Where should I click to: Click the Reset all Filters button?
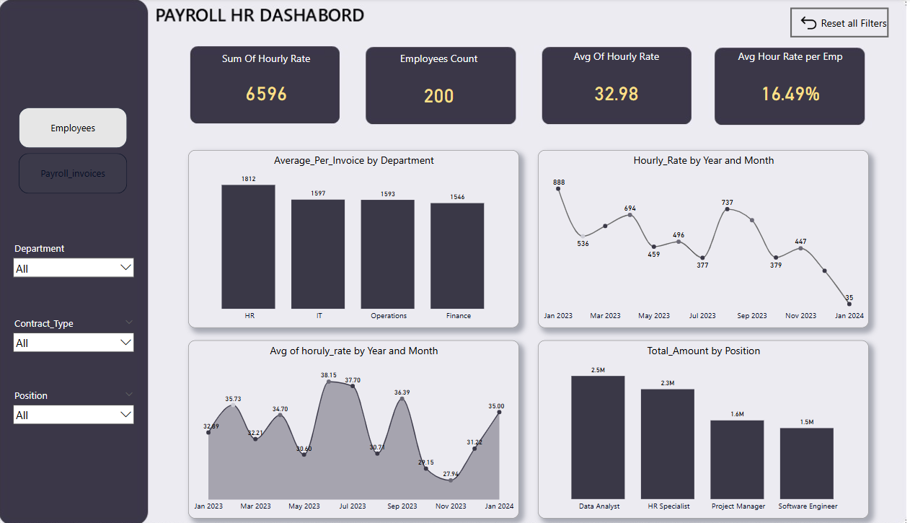[x=839, y=23]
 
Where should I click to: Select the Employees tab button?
[x=73, y=128]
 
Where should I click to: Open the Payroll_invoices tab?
[x=73, y=174]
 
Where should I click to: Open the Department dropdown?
[x=74, y=268]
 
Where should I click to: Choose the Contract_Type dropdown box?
[x=74, y=343]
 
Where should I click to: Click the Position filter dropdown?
[x=74, y=415]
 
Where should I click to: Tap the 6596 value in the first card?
[x=266, y=94]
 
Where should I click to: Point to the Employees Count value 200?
[x=438, y=96]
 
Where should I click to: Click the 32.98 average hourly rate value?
[x=617, y=94]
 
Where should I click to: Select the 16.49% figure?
[x=790, y=94]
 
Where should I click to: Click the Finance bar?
[x=457, y=256]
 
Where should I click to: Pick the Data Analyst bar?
[x=598, y=437]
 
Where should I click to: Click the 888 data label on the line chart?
[x=559, y=183]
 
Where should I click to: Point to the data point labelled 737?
[x=727, y=209]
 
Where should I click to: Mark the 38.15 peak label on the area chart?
[x=329, y=375]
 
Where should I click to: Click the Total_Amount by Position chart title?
[x=703, y=351]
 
